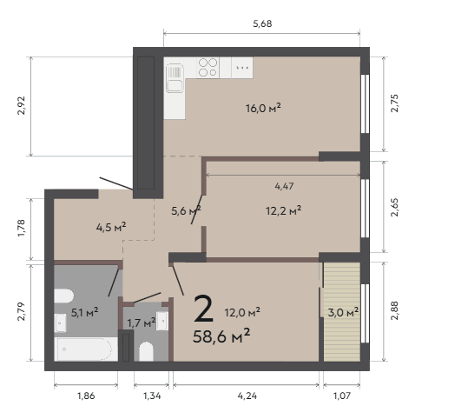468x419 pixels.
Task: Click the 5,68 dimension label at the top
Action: pos(262,23)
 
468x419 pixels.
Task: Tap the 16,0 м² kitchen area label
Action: pos(263,108)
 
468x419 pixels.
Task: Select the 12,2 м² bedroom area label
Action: pos(283,210)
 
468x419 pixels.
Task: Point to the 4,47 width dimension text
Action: pos(284,186)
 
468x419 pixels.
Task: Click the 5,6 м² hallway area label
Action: pos(186,210)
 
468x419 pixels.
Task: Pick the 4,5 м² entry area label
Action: pos(111,227)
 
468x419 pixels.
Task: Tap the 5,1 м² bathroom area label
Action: pos(85,313)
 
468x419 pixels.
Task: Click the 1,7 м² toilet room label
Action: pos(142,323)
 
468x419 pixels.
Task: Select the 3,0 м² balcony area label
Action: pos(343,313)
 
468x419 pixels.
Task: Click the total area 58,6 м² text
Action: pos(221,336)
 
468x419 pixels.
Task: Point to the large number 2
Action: pos(203,309)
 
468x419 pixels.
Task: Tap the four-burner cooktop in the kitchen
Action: pos(208,68)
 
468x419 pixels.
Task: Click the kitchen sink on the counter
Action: pos(175,77)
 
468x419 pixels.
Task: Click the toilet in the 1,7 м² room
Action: pos(146,351)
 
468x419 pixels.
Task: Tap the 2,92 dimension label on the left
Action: pos(22,106)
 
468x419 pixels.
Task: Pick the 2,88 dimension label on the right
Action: pos(394,311)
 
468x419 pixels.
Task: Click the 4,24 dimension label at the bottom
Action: pos(247,396)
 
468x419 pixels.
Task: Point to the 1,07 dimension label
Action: pos(342,396)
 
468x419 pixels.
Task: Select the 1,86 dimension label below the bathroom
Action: pos(86,396)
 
